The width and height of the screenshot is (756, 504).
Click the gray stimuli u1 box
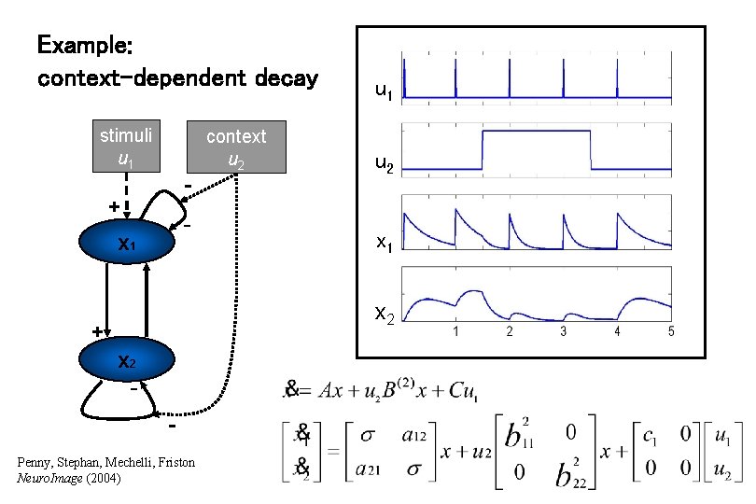pos(126,147)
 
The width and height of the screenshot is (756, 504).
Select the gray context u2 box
pos(236,147)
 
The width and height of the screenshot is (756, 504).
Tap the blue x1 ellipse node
pos(126,245)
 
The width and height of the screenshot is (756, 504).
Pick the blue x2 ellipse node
pos(126,362)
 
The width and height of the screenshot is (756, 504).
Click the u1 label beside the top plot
pos(384,91)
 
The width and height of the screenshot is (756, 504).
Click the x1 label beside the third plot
pos(384,242)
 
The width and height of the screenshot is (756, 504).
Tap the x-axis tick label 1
pos(455,332)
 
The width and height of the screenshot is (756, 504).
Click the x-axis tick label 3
pos(563,332)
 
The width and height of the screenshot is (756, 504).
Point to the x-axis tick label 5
pos(671,332)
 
